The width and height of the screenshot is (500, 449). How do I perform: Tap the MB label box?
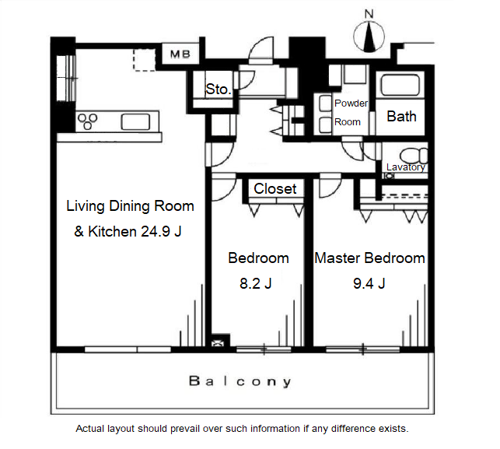click(180, 54)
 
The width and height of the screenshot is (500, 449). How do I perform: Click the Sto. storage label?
click(219, 89)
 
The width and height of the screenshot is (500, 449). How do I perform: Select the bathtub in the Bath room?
click(400, 85)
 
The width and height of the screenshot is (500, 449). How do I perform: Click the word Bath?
click(401, 117)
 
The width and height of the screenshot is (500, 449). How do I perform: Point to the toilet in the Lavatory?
click(414, 156)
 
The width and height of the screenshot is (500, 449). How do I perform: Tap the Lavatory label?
click(406, 167)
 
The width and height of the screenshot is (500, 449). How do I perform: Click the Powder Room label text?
click(351, 112)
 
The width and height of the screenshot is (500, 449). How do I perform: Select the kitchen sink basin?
click(135, 122)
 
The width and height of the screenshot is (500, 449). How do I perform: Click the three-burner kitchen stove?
click(88, 121)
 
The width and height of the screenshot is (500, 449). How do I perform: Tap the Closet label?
click(275, 188)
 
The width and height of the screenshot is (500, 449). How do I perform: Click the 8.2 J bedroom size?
click(255, 283)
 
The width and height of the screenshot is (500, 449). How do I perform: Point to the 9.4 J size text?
click(369, 283)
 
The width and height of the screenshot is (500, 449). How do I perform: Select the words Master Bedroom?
click(369, 258)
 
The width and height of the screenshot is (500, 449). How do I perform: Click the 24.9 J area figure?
click(161, 231)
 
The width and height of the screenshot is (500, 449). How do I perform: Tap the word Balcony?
click(240, 381)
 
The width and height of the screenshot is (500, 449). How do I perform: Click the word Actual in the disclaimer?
click(89, 429)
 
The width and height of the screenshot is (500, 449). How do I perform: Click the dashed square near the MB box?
click(144, 60)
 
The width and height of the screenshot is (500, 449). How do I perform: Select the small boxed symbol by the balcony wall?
click(218, 343)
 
